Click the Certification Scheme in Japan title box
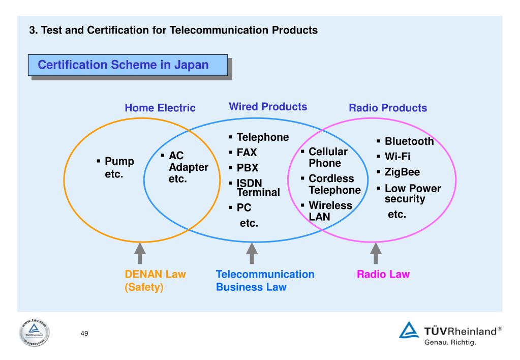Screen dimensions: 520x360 pyautogui.click(x=128, y=65)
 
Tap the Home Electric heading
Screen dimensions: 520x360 pyautogui.click(x=160, y=108)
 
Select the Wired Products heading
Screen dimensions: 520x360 pyautogui.click(x=268, y=106)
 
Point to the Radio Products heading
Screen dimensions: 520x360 pyautogui.click(x=388, y=108)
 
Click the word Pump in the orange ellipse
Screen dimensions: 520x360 pyautogui.click(x=119, y=161)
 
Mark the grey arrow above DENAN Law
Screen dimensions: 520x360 pyautogui.click(x=140, y=253)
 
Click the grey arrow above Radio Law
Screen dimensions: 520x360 pyautogui.click(x=376, y=253)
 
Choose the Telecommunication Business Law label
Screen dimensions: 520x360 pyautogui.click(x=265, y=280)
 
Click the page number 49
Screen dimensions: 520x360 pyautogui.click(x=84, y=333)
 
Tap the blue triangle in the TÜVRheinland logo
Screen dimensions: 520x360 pyautogui.click(x=409, y=330)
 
